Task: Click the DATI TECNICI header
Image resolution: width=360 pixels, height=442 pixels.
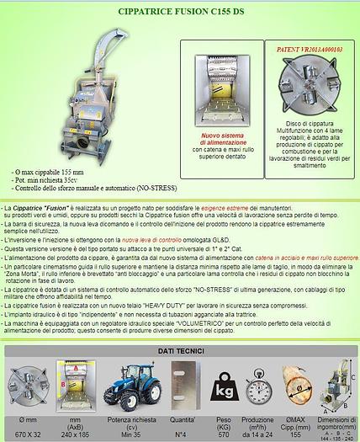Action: [179, 349]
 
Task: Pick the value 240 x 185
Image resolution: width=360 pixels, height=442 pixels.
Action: [75, 435]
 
